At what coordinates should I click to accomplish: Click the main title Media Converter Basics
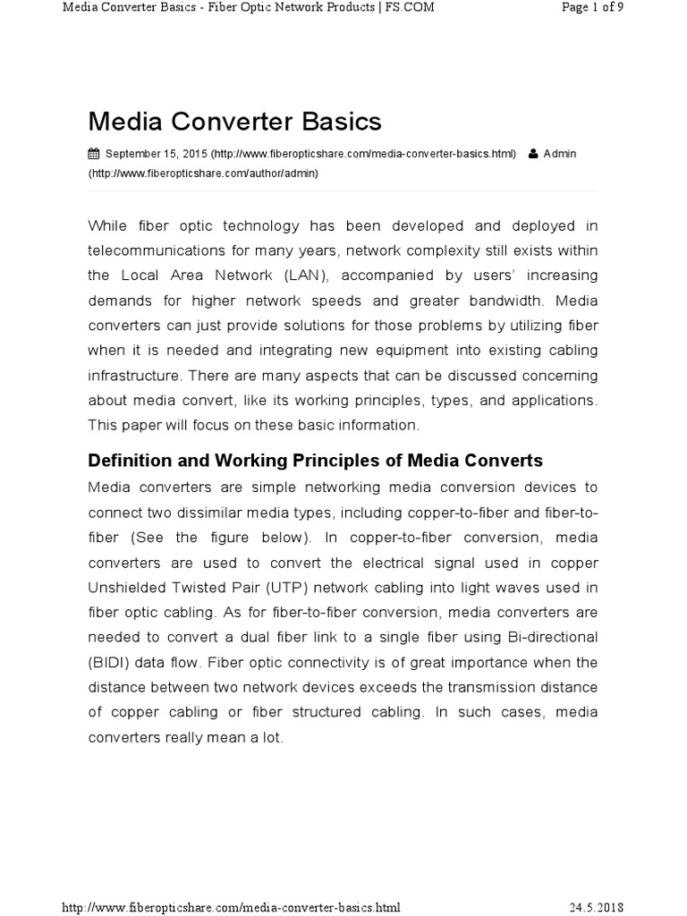(234, 121)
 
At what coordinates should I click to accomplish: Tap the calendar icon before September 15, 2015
(94, 154)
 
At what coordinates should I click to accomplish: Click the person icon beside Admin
(533, 154)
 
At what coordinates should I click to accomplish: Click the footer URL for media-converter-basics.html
(231, 907)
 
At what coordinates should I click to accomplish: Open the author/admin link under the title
(203, 173)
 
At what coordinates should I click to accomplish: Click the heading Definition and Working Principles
(315, 461)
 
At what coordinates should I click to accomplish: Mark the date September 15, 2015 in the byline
(157, 154)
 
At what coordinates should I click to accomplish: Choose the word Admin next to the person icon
(560, 154)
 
